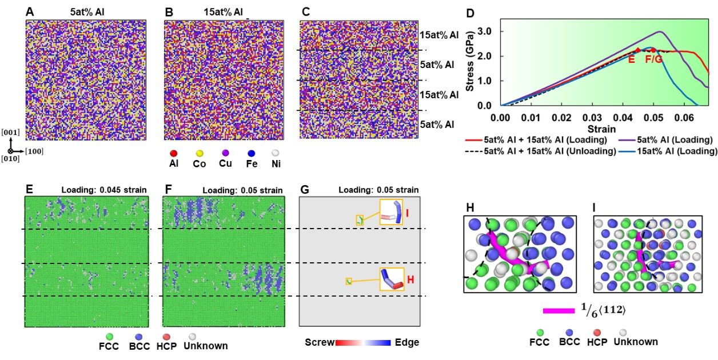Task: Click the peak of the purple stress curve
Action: point(659,31)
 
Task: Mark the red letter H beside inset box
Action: point(410,279)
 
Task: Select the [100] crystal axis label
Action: point(34,151)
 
